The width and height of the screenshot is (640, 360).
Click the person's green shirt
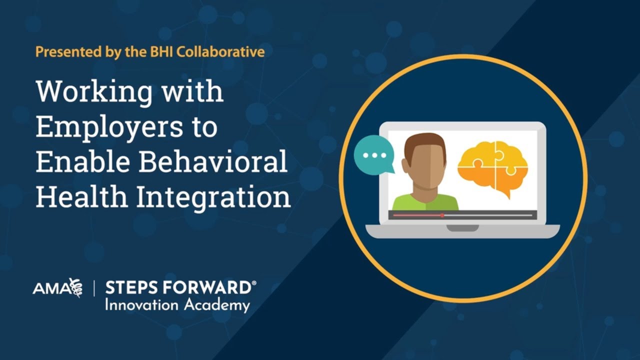[425, 202]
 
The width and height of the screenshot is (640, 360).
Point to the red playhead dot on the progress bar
[442, 215]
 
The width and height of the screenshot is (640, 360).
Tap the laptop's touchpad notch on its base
[462, 228]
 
